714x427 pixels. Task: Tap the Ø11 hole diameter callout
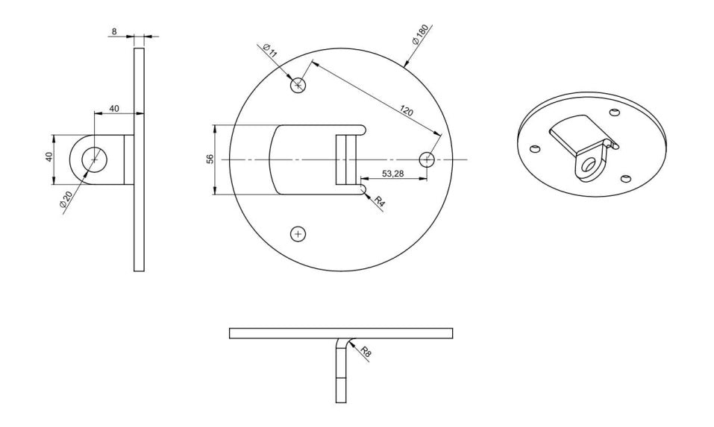pyautogui.click(x=270, y=51)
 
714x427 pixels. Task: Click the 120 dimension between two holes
pyautogui.click(x=406, y=112)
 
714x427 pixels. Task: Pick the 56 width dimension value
pyautogui.click(x=210, y=159)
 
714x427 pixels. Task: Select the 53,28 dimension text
pyautogui.click(x=392, y=174)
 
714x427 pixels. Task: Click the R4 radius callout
pyautogui.click(x=379, y=201)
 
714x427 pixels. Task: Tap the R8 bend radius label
pyautogui.click(x=366, y=352)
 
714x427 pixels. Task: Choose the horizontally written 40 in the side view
pyautogui.click(x=114, y=109)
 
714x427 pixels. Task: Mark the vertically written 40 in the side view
pyautogui.click(x=48, y=159)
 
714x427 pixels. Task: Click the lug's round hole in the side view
pyautogui.click(x=94, y=159)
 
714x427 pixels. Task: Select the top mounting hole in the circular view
pyautogui.click(x=298, y=86)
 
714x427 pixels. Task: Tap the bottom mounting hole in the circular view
pyautogui.click(x=298, y=234)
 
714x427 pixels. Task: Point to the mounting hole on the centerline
pyautogui.click(x=427, y=159)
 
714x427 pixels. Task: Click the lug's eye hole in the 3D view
pyautogui.click(x=589, y=165)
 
